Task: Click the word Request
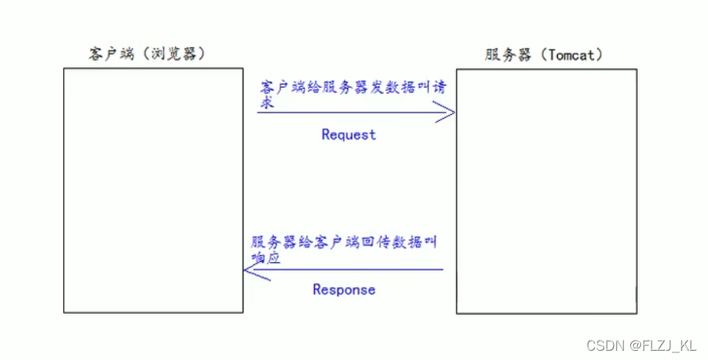click(x=348, y=134)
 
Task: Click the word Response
click(x=344, y=290)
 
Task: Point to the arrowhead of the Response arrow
click(x=251, y=270)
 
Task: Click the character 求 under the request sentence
click(x=267, y=102)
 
